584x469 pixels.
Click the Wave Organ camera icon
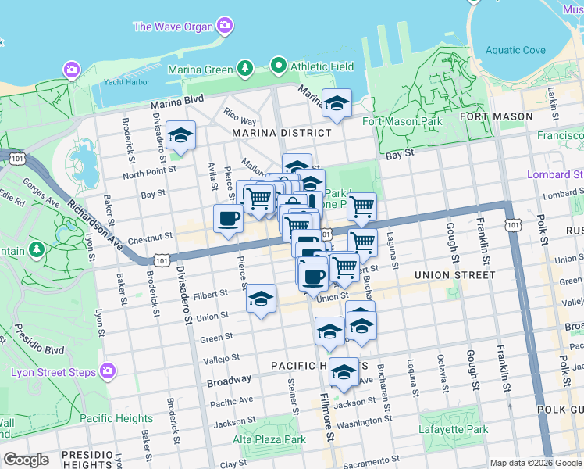(x=225, y=26)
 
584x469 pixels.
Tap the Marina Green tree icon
(x=245, y=69)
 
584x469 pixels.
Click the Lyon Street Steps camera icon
(x=108, y=371)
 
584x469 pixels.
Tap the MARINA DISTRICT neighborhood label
(x=281, y=133)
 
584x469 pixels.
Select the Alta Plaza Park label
(x=269, y=439)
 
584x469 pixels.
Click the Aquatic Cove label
(x=515, y=51)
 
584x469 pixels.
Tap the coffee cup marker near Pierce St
(x=228, y=219)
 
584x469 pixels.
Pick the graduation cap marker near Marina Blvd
(x=337, y=103)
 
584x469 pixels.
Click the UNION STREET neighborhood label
(x=454, y=275)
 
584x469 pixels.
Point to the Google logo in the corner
(x=26, y=460)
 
